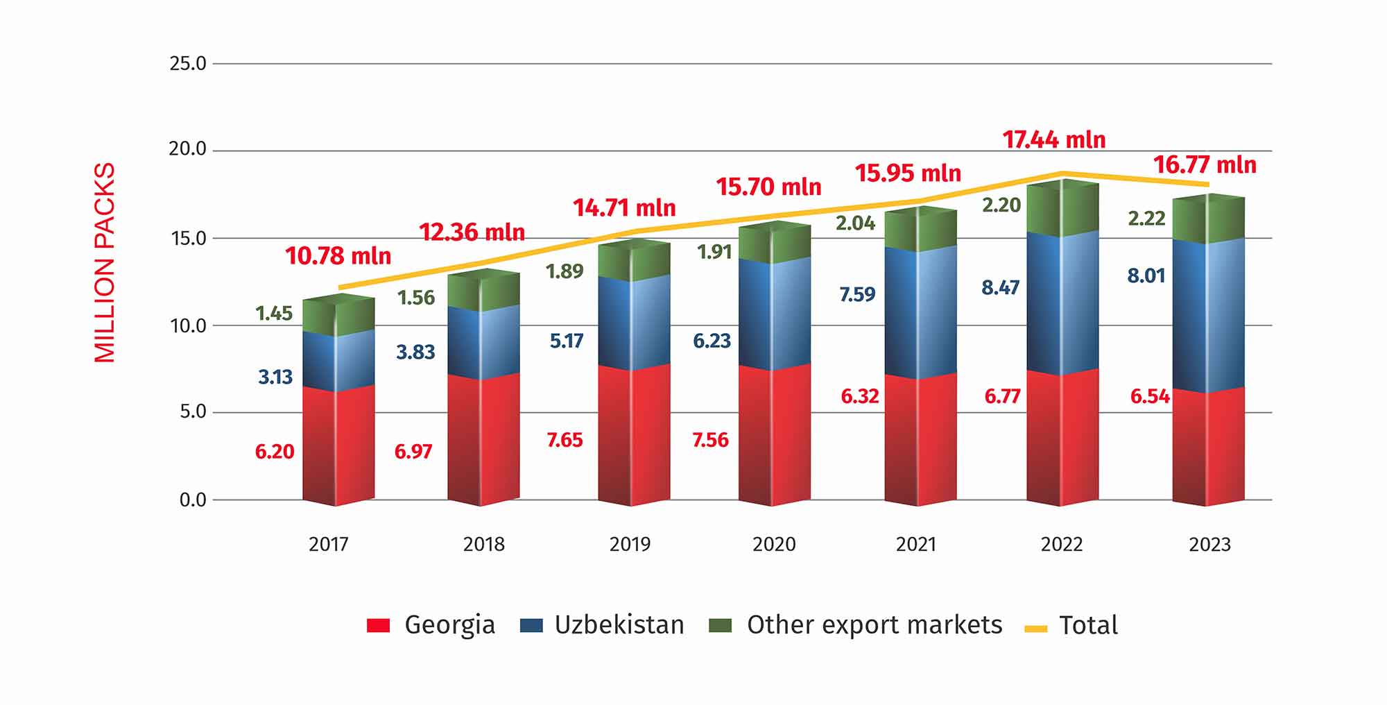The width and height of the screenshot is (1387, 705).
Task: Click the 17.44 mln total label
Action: (1053, 139)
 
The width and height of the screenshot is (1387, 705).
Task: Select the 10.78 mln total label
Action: (338, 255)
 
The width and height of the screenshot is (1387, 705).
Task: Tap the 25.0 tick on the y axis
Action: (188, 64)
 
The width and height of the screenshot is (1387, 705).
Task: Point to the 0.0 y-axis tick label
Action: (193, 500)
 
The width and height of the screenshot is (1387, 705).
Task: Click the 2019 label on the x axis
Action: (630, 544)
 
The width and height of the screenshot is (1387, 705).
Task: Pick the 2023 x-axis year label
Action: (1209, 544)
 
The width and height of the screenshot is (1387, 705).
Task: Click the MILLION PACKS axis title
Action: (105, 262)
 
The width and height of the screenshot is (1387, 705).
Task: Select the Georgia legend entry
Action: (431, 625)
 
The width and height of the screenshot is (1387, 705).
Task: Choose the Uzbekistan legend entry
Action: (602, 625)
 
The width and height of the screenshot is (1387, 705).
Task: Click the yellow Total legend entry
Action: (1071, 625)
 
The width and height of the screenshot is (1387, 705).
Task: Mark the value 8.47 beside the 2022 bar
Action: (1000, 287)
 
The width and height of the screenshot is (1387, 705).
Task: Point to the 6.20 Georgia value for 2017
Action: (275, 452)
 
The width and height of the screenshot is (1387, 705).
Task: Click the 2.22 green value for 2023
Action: (1146, 219)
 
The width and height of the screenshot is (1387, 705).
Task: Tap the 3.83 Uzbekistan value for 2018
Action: (415, 352)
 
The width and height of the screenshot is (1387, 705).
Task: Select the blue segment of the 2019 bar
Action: (634, 323)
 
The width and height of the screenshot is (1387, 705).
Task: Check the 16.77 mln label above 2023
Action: (1205, 165)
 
